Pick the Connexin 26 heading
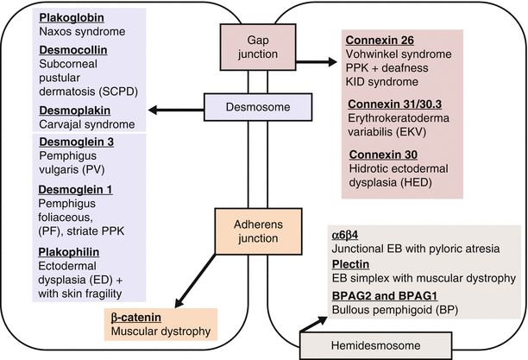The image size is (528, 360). (381, 40)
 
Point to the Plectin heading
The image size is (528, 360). (352, 263)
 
